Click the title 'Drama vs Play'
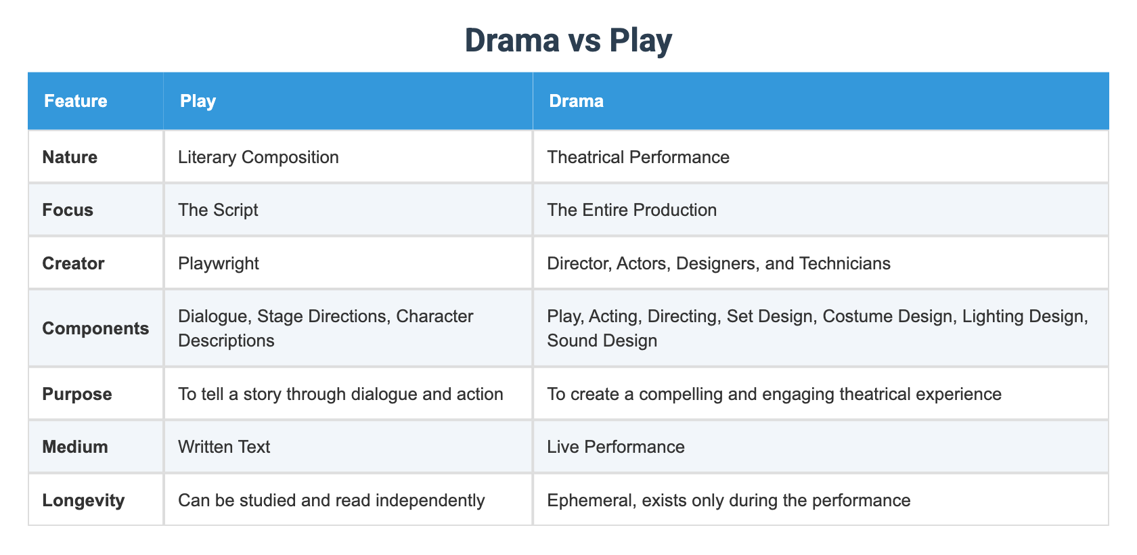(x=568, y=41)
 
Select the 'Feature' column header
(x=76, y=101)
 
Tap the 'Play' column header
(x=198, y=101)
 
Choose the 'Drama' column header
(x=576, y=101)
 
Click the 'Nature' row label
(x=70, y=157)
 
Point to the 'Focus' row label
(x=68, y=210)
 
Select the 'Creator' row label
(x=73, y=263)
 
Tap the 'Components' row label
(x=95, y=328)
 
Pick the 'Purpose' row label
(x=77, y=394)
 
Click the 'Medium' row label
(x=75, y=447)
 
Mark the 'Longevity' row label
(x=83, y=500)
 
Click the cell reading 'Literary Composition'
(x=258, y=157)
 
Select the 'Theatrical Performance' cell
(x=638, y=157)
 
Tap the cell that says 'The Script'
(x=218, y=210)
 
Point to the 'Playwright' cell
(x=219, y=263)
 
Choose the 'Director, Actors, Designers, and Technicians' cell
(x=719, y=263)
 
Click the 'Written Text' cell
(x=224, y=447)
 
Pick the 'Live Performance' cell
(x=616, y=447)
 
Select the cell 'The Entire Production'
(x=631, y=210)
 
